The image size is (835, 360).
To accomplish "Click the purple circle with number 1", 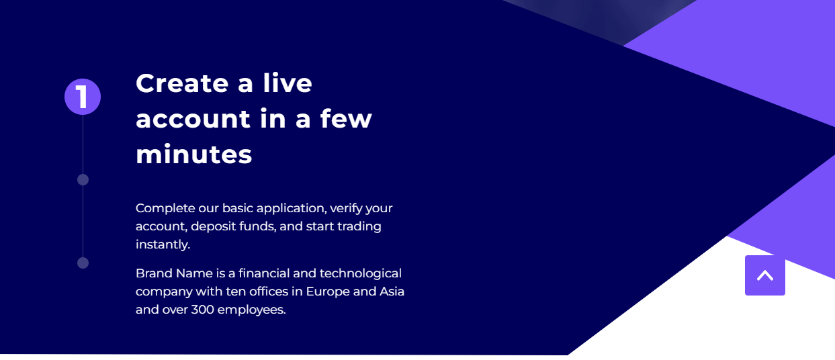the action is (x=83, y=97).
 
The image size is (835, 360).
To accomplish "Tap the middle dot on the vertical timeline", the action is (x=83, y=179).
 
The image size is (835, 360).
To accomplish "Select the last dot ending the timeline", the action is (x=83, y=263).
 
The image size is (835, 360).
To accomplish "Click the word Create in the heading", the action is (x=182, y=83).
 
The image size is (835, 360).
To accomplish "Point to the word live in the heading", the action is (x=288, y=83).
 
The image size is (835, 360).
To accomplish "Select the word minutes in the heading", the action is (x=194, y=154).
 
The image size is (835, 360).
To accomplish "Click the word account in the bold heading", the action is (x=193, y=120).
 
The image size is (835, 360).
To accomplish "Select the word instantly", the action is (x=163, y=245).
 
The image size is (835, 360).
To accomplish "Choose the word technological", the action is (x=361, y=273).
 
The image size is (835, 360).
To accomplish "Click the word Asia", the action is (x=392, y=291).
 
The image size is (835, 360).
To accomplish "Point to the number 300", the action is (x=202, y=310).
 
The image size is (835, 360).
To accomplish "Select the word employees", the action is (x=251, y=310).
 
